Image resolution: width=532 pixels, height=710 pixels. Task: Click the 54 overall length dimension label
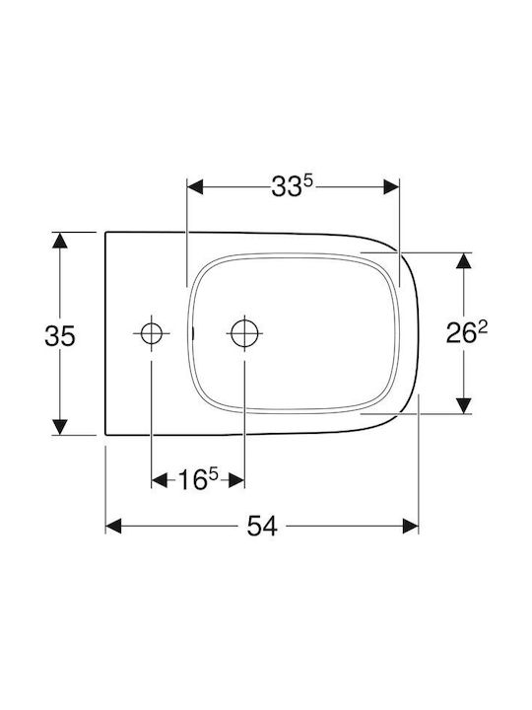(x=261, y=527)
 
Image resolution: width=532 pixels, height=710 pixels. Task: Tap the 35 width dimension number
(x=60, y=336)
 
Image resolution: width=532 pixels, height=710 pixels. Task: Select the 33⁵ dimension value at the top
(x=293, y=186)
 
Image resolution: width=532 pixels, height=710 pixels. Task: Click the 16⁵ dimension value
(x=198, y=479)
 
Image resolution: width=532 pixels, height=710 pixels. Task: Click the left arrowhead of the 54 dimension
(x=113, y=527)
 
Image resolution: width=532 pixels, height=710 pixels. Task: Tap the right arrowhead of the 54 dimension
(x=410, y=527)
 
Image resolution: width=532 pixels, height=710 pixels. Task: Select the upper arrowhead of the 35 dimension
(x=60, y=241)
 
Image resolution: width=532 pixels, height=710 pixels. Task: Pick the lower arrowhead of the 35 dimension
(x=60, y=427)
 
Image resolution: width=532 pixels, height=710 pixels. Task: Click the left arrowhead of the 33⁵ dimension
(x=195, y=186)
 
